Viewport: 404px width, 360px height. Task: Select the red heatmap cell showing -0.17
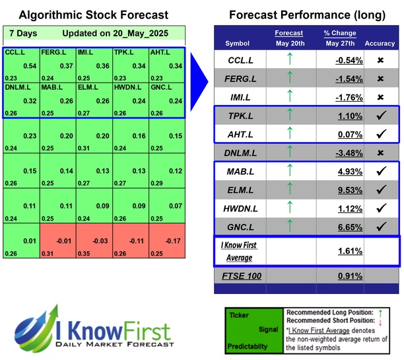click(x=166, y=243)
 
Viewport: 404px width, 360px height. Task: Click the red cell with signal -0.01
click(x=57, y=243)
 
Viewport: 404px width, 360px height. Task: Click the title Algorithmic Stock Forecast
click(x=93, y=15)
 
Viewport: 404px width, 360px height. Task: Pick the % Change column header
click(x=340, y=33)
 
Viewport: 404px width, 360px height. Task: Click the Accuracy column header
click(x=379, y=44)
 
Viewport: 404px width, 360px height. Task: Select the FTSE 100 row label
click(x=238, y=274)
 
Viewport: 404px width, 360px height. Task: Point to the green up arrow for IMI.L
click(x=289, y=97)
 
